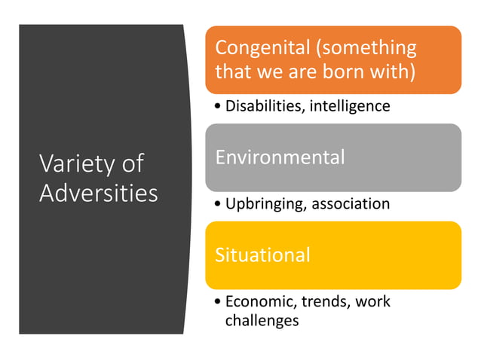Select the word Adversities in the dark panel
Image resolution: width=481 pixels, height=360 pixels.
coord(98,193)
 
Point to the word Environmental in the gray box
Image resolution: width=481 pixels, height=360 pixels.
coord(280,157)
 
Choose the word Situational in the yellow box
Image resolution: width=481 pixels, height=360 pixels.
coord(262,255)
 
